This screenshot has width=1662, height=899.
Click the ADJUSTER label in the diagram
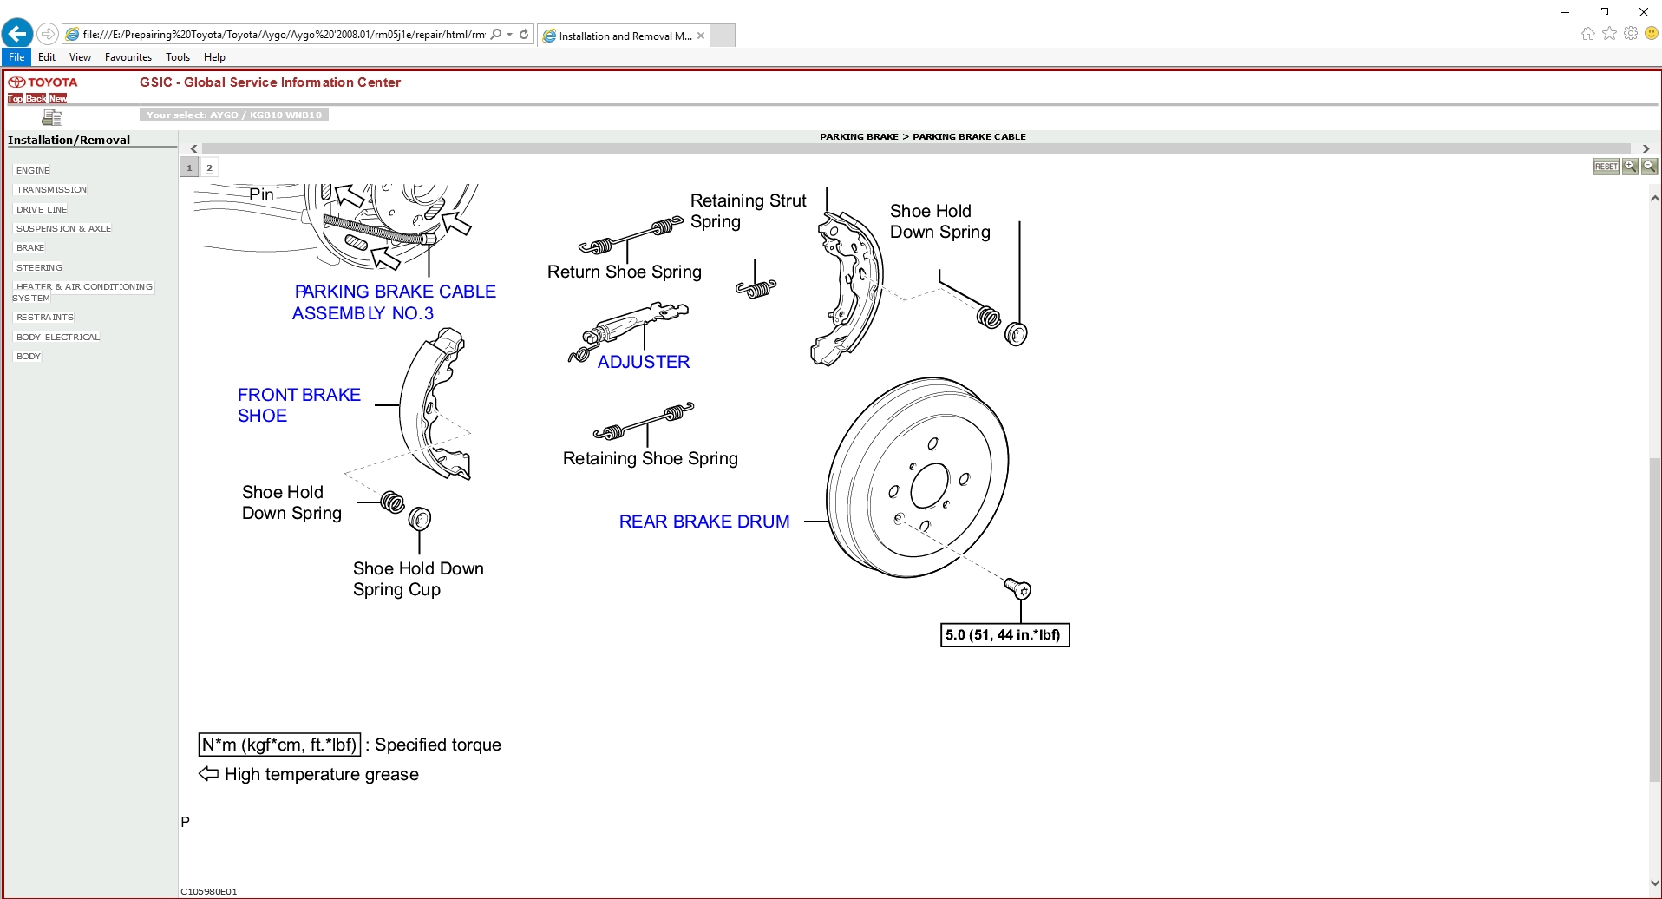643,362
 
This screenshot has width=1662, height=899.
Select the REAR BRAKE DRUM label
703,522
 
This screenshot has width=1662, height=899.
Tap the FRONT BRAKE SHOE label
298,405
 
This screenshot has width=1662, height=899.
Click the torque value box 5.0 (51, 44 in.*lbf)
1004,635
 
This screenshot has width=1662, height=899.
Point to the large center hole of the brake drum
930,485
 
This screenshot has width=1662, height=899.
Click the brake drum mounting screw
1018,589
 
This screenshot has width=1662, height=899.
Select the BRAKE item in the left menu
30,248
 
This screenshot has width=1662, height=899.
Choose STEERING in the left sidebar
39,267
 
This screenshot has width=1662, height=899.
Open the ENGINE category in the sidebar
33,170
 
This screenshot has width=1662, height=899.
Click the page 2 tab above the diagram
209,167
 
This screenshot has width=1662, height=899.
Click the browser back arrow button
17,34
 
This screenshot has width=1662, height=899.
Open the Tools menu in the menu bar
177,57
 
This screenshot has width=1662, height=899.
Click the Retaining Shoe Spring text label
650,458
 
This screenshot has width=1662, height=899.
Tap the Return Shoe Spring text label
624,272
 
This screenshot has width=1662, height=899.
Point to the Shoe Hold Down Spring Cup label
417,579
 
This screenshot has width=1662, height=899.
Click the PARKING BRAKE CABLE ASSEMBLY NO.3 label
395,302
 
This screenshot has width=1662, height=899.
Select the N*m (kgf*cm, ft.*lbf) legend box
279,745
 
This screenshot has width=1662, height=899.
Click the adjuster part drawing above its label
633,325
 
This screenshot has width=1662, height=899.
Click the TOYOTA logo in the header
43,82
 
